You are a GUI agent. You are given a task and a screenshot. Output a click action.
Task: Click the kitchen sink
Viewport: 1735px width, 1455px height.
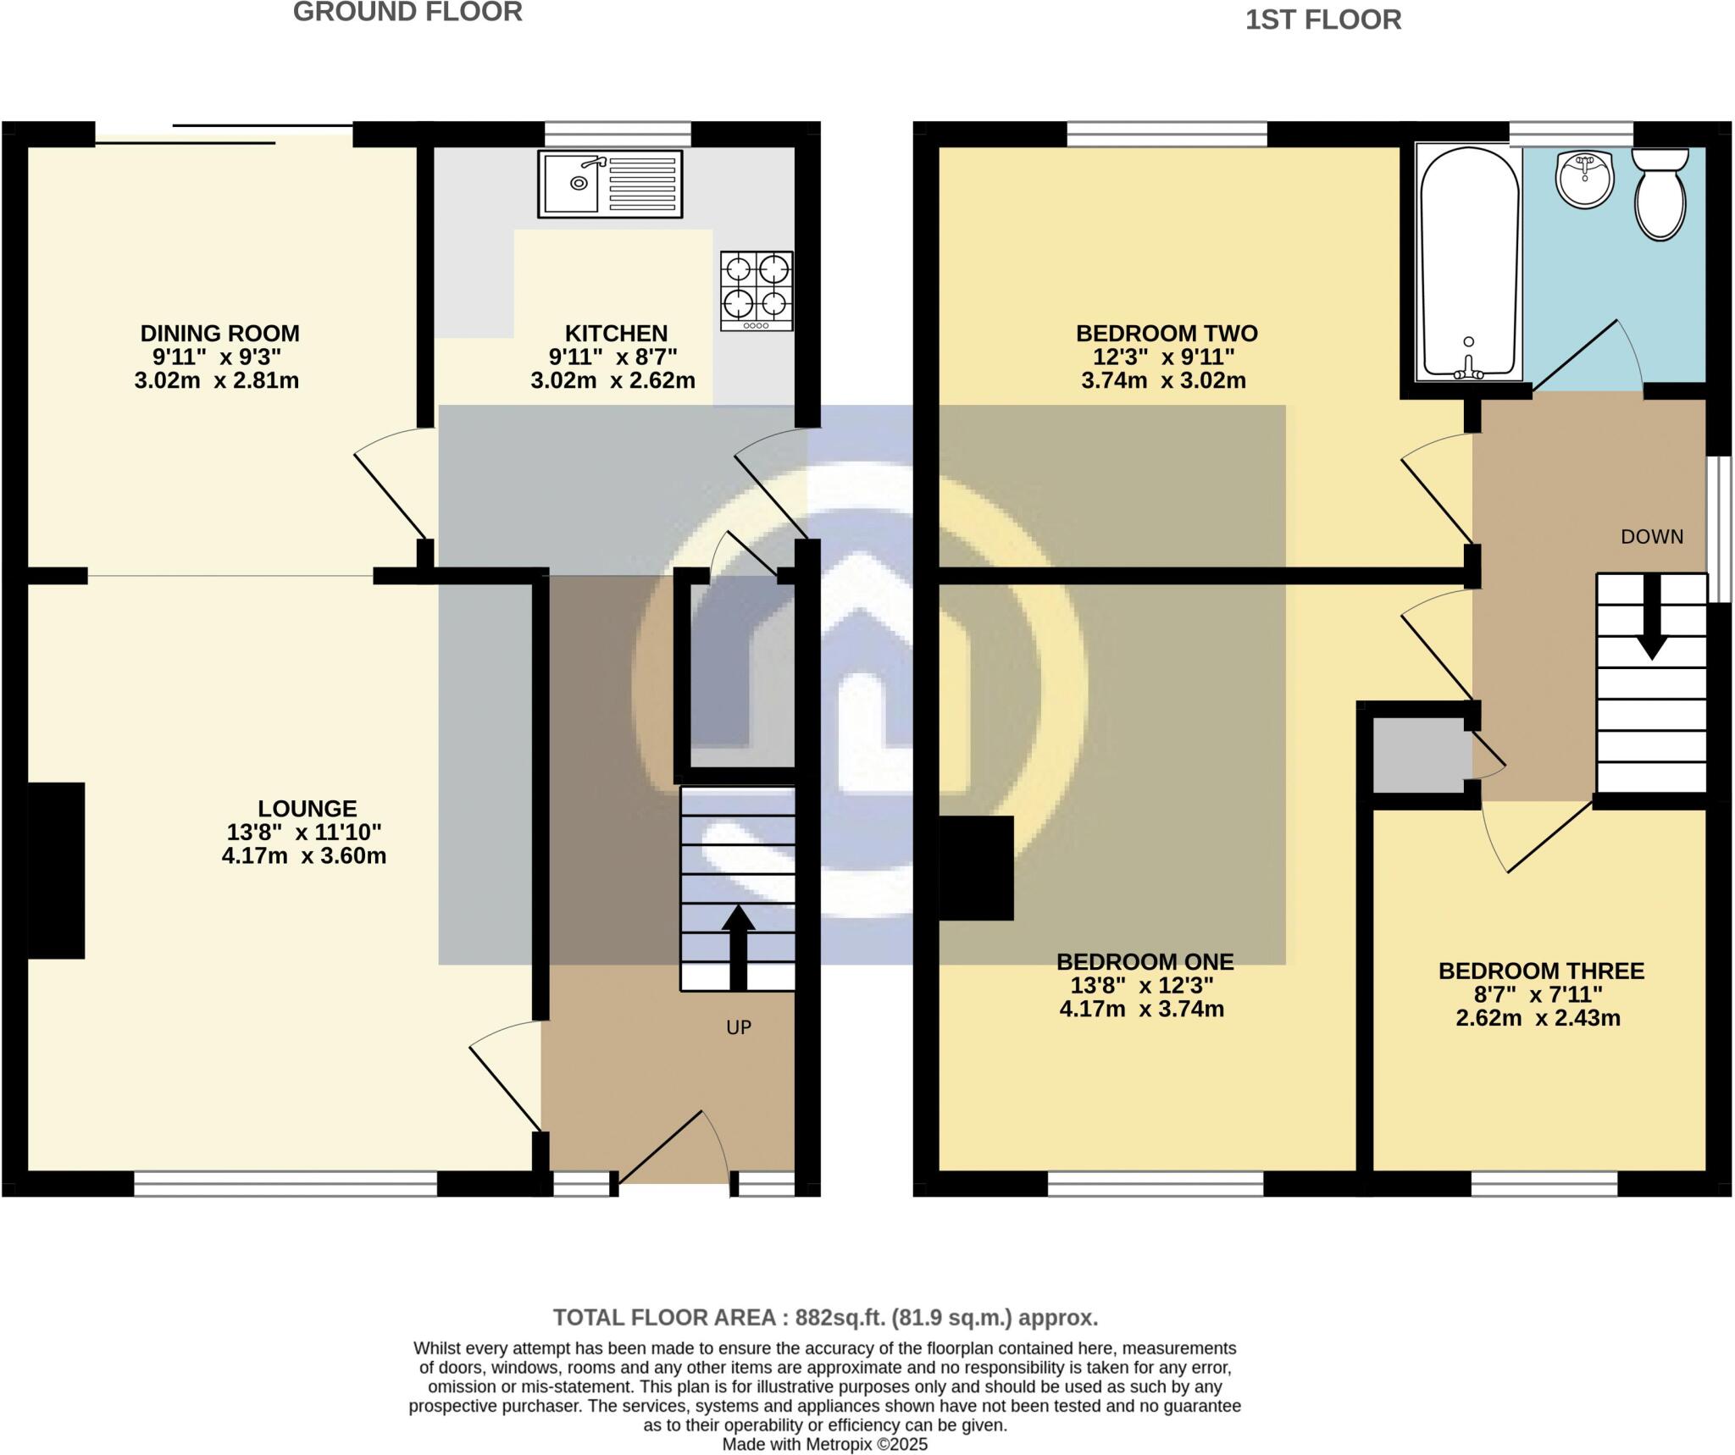[x=609, y=183]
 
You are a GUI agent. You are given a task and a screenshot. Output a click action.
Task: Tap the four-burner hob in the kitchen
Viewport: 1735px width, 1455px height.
[x=757, y=290]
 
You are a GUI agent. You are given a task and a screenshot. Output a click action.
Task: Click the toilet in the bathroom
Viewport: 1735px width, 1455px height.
[x=1660, y=195]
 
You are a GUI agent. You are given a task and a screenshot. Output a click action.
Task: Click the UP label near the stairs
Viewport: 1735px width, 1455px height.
[x=739, y=1027]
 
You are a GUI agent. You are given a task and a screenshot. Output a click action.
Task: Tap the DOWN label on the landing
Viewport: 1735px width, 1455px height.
[x=1651, y=536]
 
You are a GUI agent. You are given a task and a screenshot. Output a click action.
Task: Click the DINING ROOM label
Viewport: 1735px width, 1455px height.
[x=219, y=333]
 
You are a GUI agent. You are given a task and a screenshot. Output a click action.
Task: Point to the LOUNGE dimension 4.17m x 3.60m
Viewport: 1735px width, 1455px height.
[x=303, y=855]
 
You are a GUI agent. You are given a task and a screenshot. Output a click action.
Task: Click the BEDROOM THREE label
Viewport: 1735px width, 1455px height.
[x=1541, y=971]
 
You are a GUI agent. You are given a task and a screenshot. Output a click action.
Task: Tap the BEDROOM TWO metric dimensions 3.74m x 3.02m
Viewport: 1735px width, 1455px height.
[x=1163, y=380]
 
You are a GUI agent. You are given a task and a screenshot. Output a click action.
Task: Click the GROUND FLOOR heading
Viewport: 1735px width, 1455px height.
[x=407, y=13]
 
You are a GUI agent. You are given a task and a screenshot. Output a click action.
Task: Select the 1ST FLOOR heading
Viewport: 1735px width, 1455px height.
[x=1322, y=19]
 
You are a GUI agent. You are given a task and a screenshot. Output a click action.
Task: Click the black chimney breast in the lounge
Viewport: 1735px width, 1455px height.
[x=56, y=870]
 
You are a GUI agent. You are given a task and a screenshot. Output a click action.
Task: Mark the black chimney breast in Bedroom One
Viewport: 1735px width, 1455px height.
[x=976, y=867]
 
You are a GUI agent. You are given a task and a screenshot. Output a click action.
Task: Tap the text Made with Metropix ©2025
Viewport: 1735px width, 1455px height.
[x=824, y=1444]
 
